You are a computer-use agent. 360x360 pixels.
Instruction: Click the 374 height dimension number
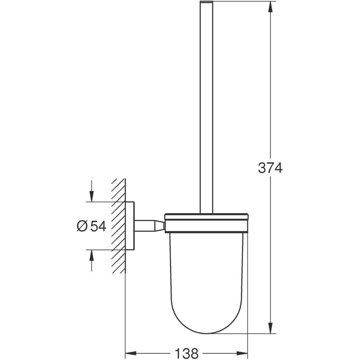pyautogui.click(x=271, y=168)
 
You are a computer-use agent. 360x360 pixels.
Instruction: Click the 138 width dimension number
pyautogui.click(x=187, y=353)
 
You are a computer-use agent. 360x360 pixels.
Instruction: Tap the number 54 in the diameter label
pyautogui.click(x=98, y=226)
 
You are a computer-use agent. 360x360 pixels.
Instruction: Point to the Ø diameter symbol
pyautogui.click(x=82, y=226)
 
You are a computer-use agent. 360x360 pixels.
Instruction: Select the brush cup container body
pyautogui.click(x=206, y=275)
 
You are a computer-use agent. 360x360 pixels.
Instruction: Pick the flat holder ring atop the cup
pyautogui.click(x=206, y=217)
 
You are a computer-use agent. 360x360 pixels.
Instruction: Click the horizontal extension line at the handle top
pyautogui.click(x=244, y=2)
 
